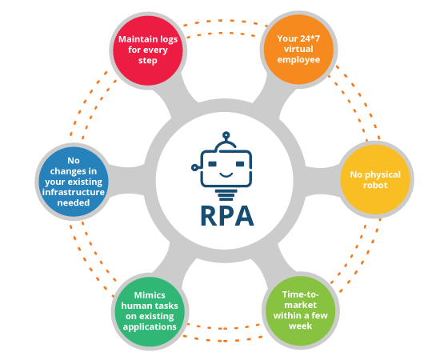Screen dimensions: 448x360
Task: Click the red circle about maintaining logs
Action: tap(148, 50)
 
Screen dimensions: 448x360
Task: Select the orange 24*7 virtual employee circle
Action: tap(298, 50)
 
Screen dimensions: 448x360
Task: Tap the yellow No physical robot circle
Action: tap(375, 180)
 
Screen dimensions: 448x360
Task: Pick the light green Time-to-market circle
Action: tap(300, 311)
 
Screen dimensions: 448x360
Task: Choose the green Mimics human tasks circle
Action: tap(150, 312)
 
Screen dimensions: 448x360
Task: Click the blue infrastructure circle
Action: tap(74, 182)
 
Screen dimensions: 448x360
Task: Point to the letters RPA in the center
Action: tap(227, 216)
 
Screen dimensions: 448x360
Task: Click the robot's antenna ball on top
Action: tap(226, 135)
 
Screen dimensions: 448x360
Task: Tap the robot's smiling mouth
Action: tap(226, 174)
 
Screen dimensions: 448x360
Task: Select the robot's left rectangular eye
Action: tap(212, 164)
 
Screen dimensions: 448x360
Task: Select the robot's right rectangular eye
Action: tap(240, 164)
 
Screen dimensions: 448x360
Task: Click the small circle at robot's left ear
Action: tap(194, 168)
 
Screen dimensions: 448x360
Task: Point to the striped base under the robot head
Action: tap(226, 194)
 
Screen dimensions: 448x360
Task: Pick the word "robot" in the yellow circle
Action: tap(375, 185)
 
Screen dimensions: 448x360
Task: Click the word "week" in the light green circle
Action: tap(300, 326)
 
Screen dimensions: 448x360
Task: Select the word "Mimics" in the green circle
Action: tap(150, 295)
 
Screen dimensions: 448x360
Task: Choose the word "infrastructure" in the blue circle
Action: tap(74, 192)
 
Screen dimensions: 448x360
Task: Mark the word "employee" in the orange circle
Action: tap(298, 60)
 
